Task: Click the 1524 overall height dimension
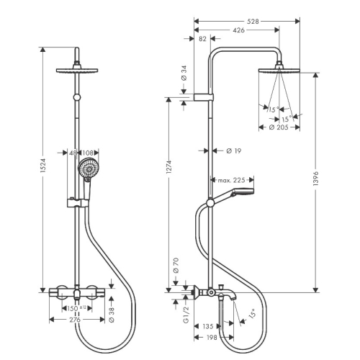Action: pyautogui.click(x=43, y=166)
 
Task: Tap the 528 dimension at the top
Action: pyautogui.click(x=253, y=22)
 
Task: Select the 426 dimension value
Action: pyautogui.click(x=239, y=30)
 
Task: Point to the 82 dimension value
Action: pyautogui.click(x=202, y=39)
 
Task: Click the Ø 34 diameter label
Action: pyautogui.click(x=184, y=73)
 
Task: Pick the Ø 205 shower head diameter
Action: pyautogui.click(x=279, y=127)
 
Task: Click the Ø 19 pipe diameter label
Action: pyautogui.click(x=233, y=151)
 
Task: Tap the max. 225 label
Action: pyautogui.click(x=231, y=180)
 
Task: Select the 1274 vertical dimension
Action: pyautogui.click(x=169, y=167)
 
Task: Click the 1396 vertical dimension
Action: pyautogui.click(x=316, y=179)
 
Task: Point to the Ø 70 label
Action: pyautogui.click(x=176, y=266)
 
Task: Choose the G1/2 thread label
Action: pyautogui.click(x=186, y=315)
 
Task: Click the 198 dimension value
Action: pyautogui.click(x=212, y=338)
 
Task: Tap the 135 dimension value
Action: pyautogui.click(x=208, y=326)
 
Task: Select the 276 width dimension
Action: pyautogui.click(x=75, y=320)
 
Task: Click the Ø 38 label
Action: pyautogui.click(x=112, y=315)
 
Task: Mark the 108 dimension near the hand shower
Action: pyautogui.click(x=88, y=153)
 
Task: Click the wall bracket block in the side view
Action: pyautogui.click(x=204, y=97)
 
